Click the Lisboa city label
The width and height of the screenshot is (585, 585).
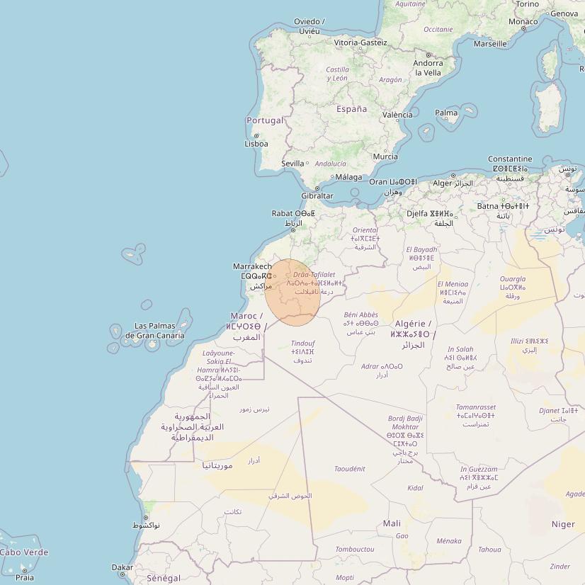pyautogui.click(x=256, y=144)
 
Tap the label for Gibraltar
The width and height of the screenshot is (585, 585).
pyautogui.click(x=317, y=196)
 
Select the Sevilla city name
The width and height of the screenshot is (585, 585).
pyautogui.click(x=292, y=164)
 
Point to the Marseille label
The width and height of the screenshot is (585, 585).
pyautogui.click(x=490, y=43)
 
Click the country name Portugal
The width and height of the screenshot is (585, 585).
pyautogui.click(x=265, y=120)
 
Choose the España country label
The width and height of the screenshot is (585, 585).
pyautogui.click(x=351, y=109)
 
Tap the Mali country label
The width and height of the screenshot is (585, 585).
pyautogui.click(x=392, y=523)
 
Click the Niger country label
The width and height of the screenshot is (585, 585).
pyautogui.click(x=564, y=524)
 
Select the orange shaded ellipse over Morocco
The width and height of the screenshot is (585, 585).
pyautogui.click(x=293, y=292)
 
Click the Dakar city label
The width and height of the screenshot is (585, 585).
pyautogui.click(x=122, y=567)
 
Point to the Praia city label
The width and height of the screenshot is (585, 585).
pyautogui.click(x=24, y=578)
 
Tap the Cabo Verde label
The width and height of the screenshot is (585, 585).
pyautogui.click(x=24, y=552)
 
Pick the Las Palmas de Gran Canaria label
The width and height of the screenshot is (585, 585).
pyautogui.click(x=155, y=331)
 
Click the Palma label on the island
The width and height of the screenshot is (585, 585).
pyautogui.click(x=446, y=113)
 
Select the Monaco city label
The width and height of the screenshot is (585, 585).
pyautogui.click(x=523, y=22)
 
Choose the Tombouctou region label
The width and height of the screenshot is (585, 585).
pyautogui.click(x=355, y=549)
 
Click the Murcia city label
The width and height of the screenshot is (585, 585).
pyautogui.click(x=385, y=157)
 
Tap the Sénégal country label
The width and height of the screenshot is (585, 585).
pyautogui.click(x=164, y=578)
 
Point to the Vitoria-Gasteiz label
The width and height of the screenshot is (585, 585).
pyautogui.click(x=360, y=42)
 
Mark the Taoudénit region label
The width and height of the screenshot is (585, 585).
pyautogui.click(x=349, y=469)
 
